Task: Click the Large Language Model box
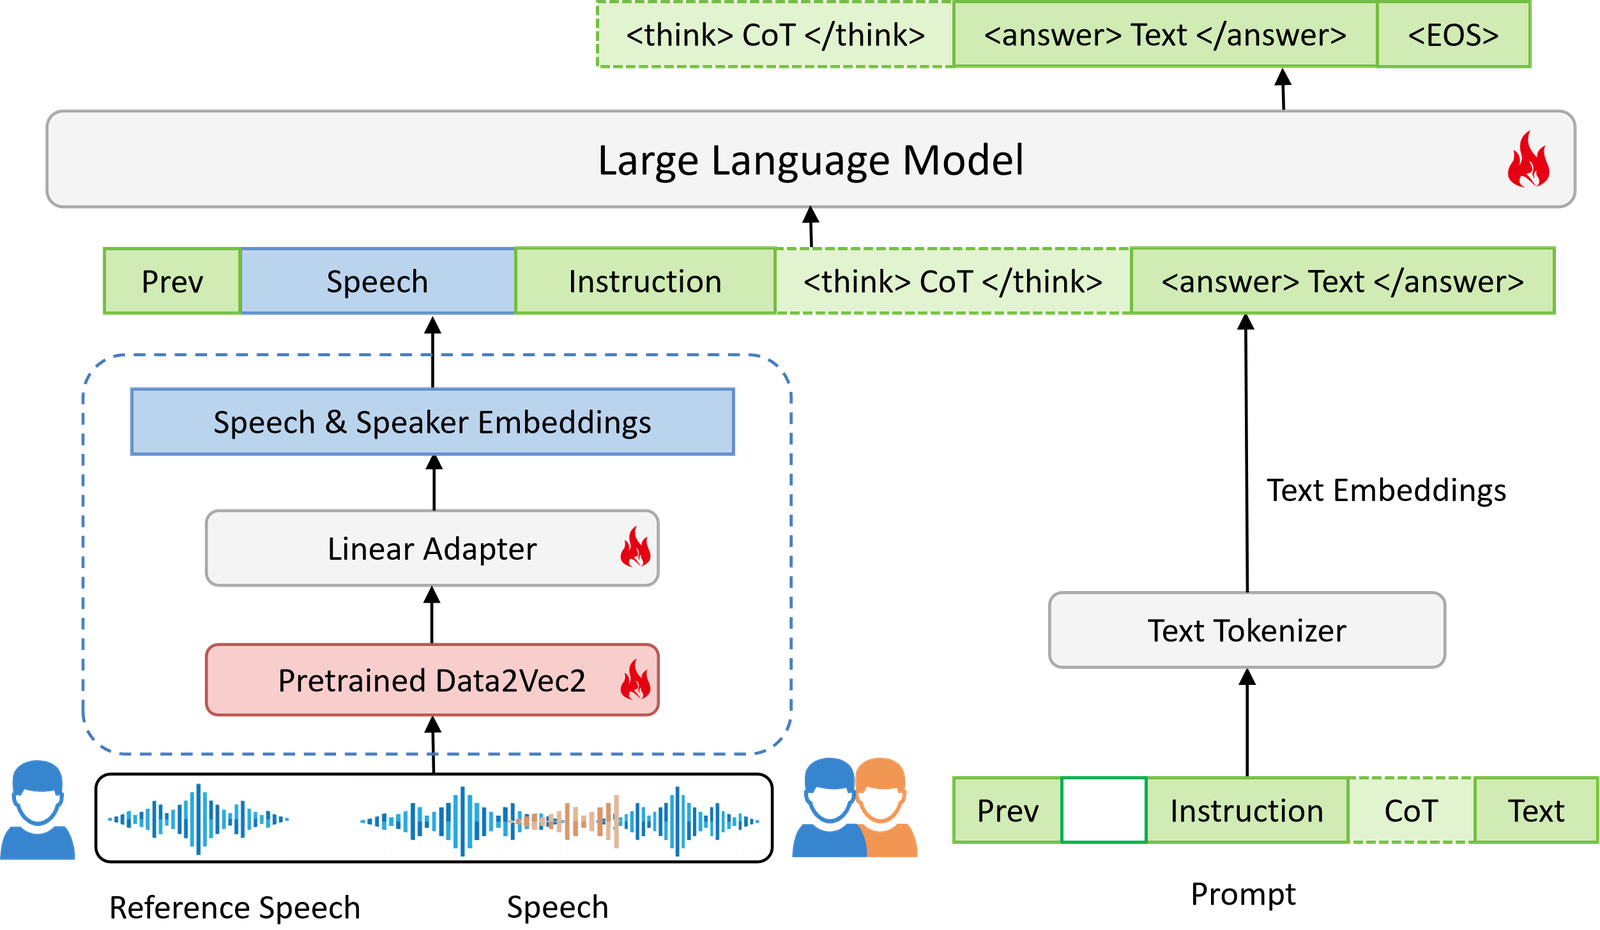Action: [x=811, y=159]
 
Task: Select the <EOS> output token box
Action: [x=1454, y=35]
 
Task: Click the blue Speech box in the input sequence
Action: [x=377, y=281]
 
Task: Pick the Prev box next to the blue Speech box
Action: [x=172, y=281]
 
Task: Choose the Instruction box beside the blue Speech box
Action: [x=645, y=281]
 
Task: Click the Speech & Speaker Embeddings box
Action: [x=432, y=421]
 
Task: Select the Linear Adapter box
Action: [x=432, y=548]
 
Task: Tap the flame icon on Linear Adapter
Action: [x=635, y=547]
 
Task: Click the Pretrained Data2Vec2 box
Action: [x=432, y=680]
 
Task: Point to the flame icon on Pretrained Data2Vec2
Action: [x=635, y=679]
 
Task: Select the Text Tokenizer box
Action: [x=1246, y=630]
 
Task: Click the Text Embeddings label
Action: [x=1386, y=490]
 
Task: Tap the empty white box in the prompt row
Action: [x=1104, y=810]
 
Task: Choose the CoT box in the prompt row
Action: [x=1411, y=810]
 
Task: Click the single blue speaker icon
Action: [x=37, y=809]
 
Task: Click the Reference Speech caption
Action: [x=234, y=907]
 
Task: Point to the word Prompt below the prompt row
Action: [x=1243, y=894]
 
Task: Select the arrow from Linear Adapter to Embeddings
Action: [x=434, y=483]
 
